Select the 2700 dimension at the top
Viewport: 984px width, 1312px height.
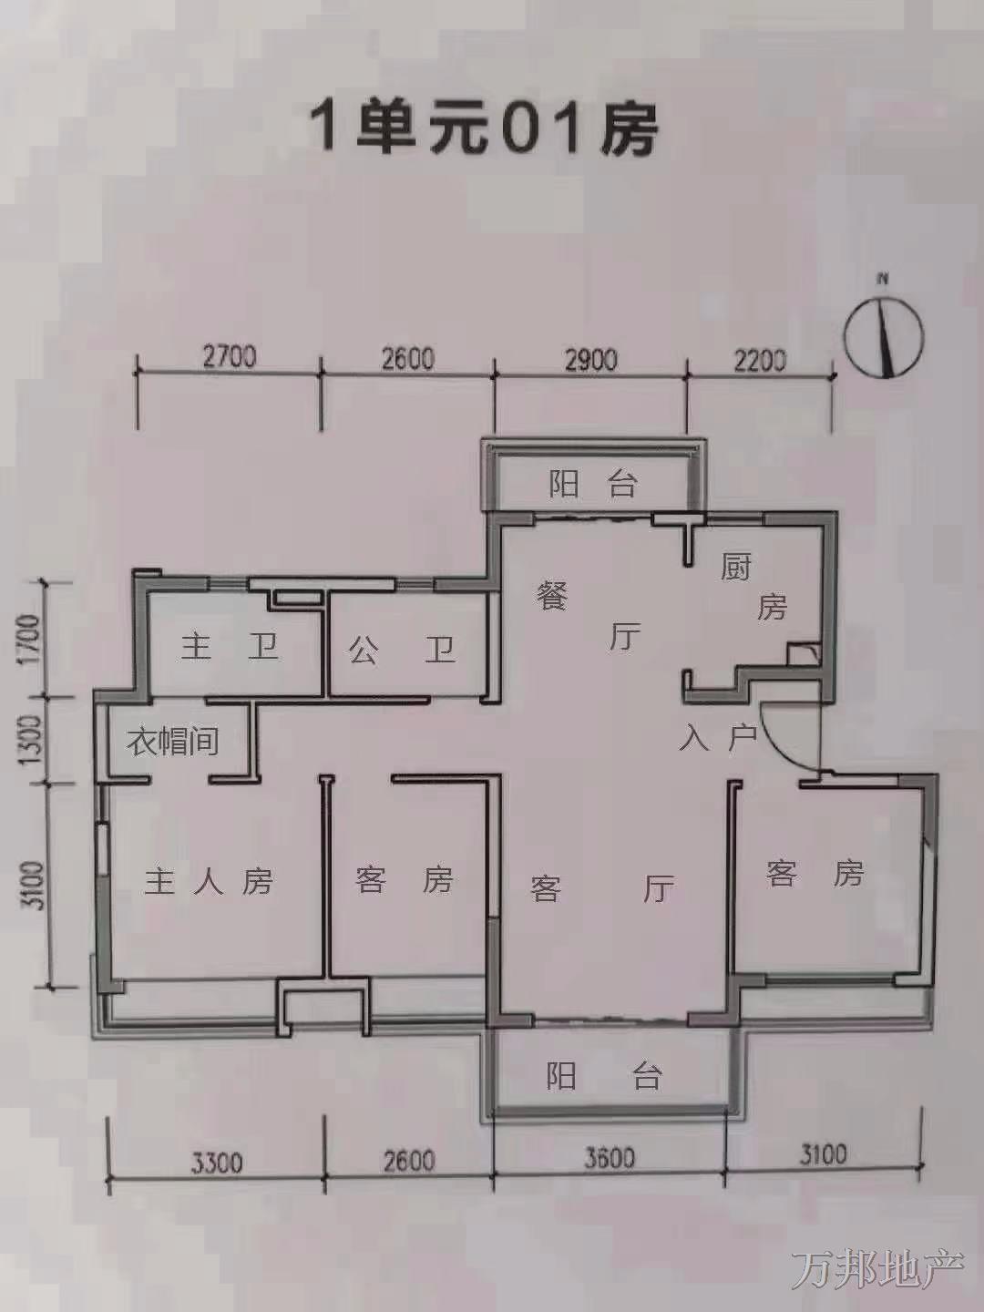[230, 358]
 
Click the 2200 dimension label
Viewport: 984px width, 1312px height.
[758, 361]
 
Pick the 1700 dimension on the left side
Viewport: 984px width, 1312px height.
[30, 637]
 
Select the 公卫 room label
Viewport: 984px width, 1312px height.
[401, 649]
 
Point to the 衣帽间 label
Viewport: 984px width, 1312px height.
[173, 741]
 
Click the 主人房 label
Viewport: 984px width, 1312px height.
[210, 881]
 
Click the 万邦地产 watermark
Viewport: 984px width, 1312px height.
[878, 1266]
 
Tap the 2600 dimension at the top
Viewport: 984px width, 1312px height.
[408, 359]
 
